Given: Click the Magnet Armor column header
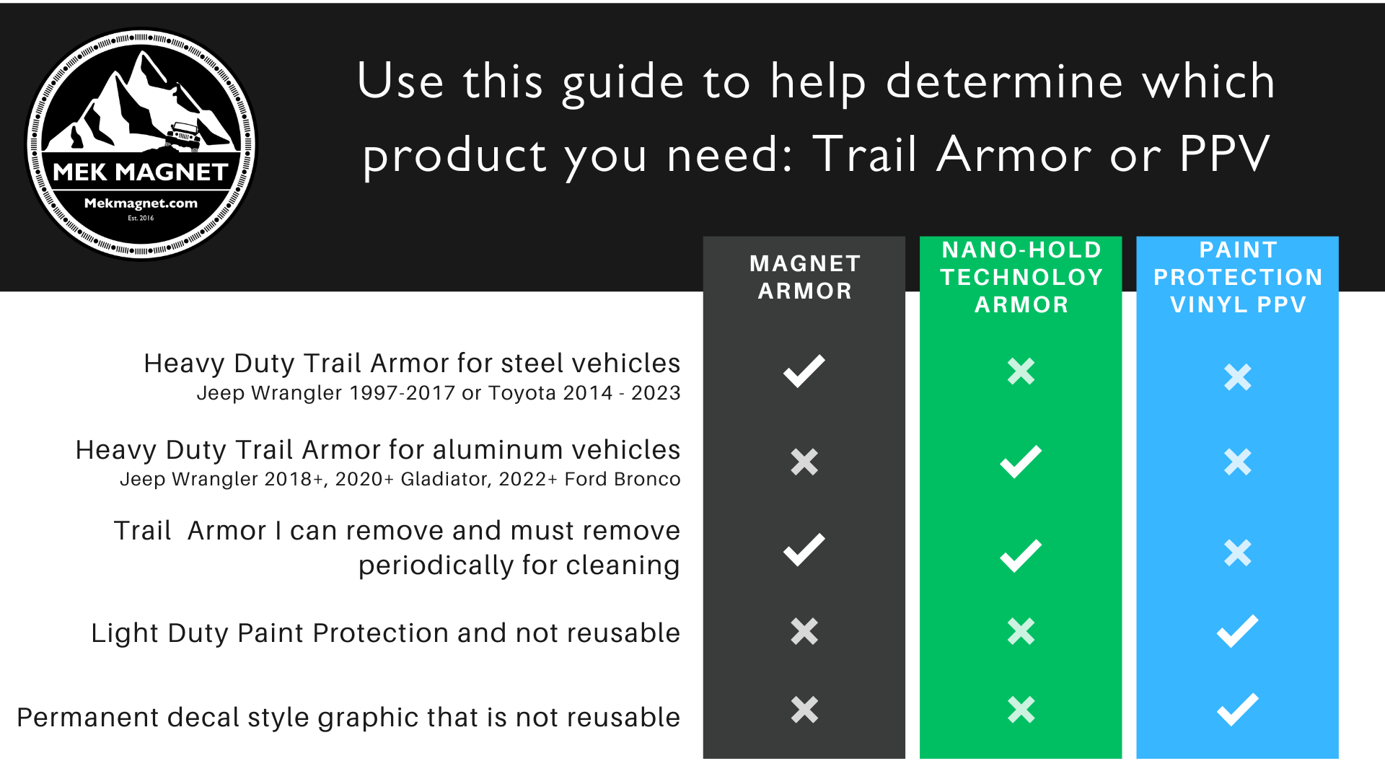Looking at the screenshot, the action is [804, 277].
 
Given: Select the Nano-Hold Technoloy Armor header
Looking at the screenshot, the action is [1021, 277].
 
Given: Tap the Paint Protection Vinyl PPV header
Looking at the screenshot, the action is [1238, 277].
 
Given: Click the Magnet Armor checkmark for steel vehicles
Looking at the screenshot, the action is [804, 371].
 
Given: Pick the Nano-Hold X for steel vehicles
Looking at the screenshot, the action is [1021, 371].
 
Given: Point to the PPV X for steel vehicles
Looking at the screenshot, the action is [1238, 377].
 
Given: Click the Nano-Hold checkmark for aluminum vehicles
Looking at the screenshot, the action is [1021, 462].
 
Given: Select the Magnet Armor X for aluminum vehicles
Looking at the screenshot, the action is [804, 462].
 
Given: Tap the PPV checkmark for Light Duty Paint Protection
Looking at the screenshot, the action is [1238, 631].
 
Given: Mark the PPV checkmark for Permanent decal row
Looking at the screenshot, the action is [1238, 710].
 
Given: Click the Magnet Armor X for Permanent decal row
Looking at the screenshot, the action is [804, 710].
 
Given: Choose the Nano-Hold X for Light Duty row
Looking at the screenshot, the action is [1021, 631].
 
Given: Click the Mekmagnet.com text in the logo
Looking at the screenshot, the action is [141, 203].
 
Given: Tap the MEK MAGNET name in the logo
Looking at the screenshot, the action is [141, 172].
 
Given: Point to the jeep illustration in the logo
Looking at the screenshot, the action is [183, 136].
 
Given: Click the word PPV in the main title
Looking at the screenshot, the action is [1224, 154].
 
